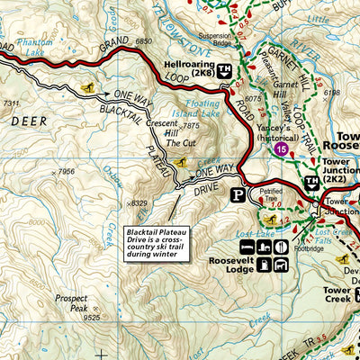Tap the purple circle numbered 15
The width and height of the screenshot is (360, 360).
coord(283,148)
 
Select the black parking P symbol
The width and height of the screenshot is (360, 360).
coord(238,193)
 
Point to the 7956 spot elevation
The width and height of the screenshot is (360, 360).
coord(64,171)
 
